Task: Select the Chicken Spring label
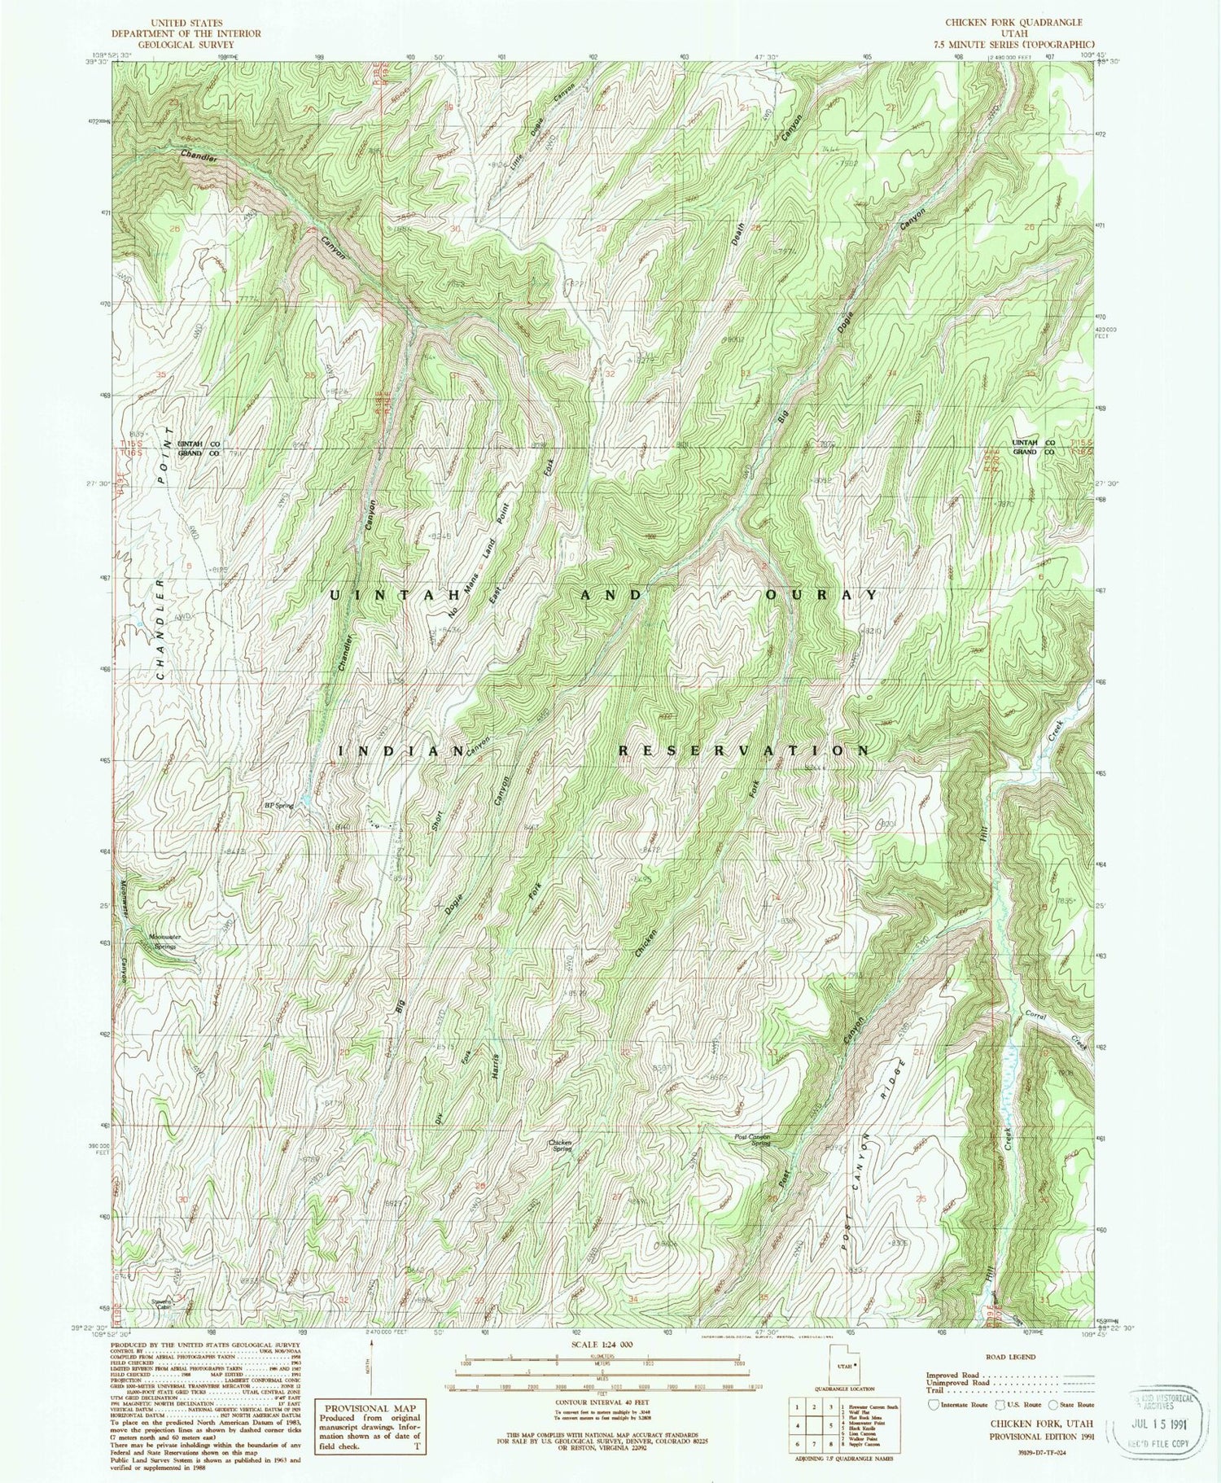coord(559,1143)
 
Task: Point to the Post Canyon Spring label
coord(751,1139)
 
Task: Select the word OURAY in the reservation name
coord(821,595)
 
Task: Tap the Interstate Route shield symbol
coord(932,1404)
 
